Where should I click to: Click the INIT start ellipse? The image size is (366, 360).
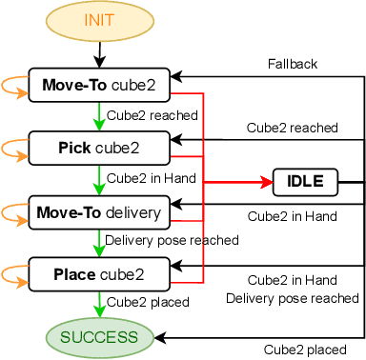99,20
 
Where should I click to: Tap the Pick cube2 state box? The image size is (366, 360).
99,148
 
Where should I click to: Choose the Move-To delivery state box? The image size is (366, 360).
99,210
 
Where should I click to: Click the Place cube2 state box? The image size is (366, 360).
99,274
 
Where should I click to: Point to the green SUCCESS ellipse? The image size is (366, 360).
99,336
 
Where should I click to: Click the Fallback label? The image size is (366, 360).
293,64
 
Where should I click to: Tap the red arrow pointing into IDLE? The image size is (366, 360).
238,181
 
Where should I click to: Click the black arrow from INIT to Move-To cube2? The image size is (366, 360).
99,52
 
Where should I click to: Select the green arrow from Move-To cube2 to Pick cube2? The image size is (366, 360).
99,116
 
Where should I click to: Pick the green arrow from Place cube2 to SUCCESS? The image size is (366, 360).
99,305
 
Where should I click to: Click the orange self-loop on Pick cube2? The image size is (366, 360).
14,148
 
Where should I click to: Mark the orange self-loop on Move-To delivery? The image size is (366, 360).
14,210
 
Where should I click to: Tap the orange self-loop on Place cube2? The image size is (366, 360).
14,274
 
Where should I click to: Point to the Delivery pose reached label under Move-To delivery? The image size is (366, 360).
172,241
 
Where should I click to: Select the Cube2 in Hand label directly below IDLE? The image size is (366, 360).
292,216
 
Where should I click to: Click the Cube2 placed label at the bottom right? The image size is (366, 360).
305,348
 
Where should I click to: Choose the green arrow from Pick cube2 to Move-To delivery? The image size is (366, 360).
99,179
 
